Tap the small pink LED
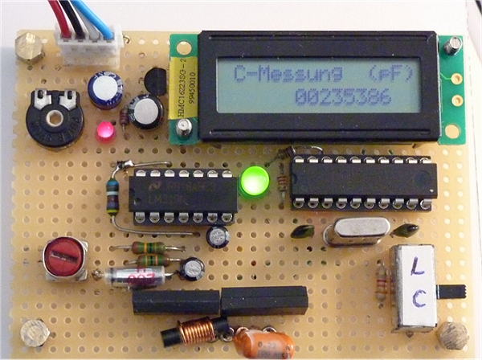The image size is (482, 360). coord(104,132)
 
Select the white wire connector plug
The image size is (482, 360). coord(88,44)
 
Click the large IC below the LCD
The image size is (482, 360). coord(363,183)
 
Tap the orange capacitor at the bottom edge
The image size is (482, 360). coord(263,343)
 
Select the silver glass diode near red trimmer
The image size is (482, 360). coord(135,278)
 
